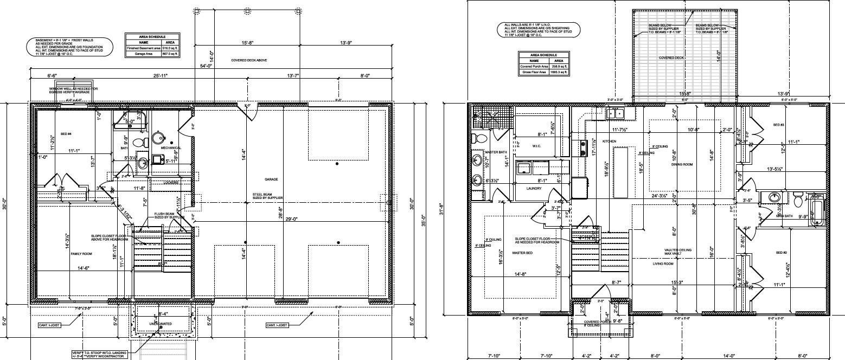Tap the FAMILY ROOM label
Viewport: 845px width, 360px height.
(81, 253)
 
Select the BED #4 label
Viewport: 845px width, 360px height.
(66, 134)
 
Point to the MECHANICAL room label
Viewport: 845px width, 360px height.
(171, 147)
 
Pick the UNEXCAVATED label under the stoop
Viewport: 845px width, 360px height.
(161, 324)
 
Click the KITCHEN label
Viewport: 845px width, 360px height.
(610, 141)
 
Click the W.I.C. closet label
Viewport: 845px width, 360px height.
(536, 145)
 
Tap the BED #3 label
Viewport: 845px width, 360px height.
(778, 125)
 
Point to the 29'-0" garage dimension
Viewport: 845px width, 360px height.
(291, 219)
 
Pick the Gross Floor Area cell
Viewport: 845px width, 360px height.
(533, 72)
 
